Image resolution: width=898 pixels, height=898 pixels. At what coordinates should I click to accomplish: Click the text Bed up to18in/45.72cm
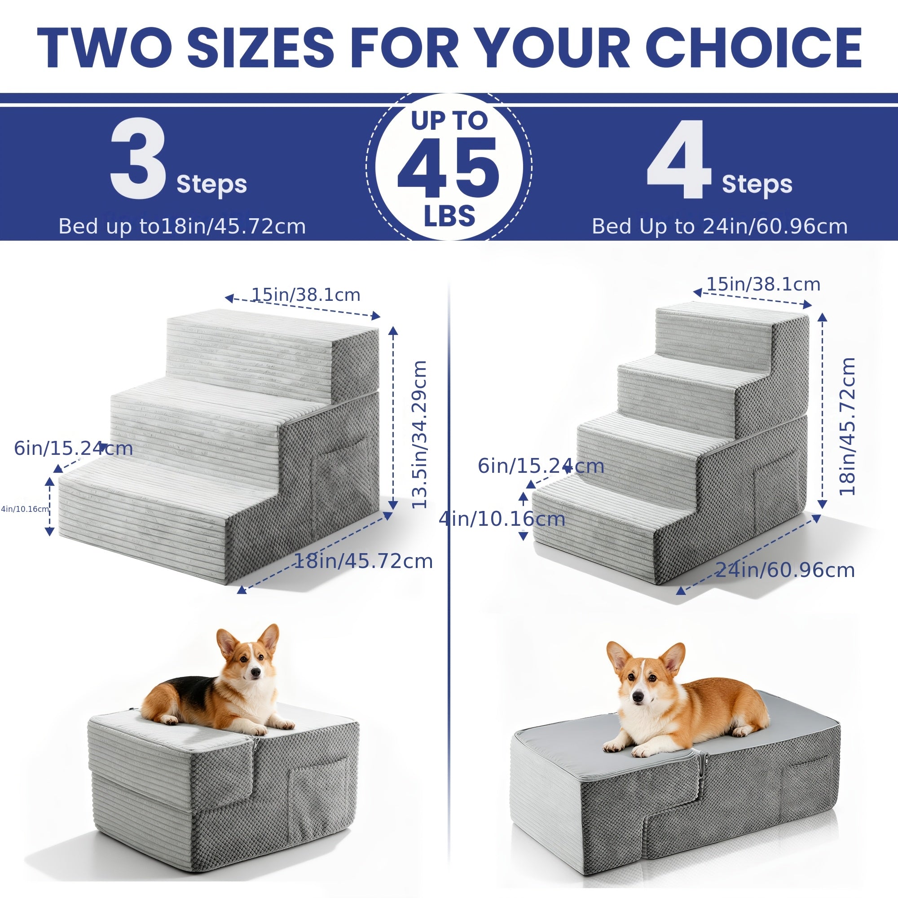(182, 226)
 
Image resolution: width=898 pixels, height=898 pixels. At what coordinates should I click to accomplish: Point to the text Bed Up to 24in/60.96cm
(719, 226)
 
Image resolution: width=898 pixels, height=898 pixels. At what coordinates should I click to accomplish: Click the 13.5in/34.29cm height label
(419, 434)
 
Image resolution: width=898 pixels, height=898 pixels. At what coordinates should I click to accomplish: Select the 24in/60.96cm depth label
(784, 570)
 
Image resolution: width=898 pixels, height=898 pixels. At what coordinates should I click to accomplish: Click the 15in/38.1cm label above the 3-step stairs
(306, 295)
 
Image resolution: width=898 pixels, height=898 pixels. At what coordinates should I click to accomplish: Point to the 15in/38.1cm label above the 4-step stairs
(763, 284)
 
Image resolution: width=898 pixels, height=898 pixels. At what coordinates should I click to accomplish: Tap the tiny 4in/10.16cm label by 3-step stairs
(25, 509)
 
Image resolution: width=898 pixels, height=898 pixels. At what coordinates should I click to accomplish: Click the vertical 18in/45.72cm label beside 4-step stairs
(847, 426)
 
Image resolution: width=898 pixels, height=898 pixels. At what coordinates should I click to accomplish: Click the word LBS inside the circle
(449, 216)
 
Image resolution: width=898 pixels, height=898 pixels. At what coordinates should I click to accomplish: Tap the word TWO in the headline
(104, 48)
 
